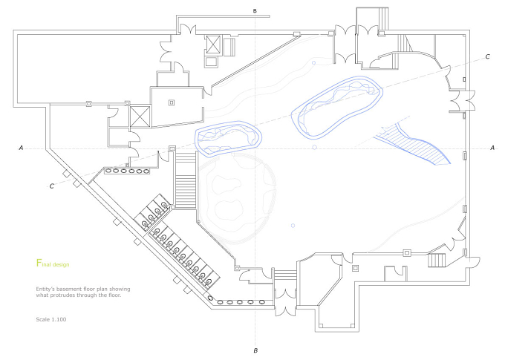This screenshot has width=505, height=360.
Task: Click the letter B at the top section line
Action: [x=255, y=11]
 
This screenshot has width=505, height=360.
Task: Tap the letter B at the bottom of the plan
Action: [x=255, y=350]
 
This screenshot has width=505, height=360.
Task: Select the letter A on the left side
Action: [x=22, y=148]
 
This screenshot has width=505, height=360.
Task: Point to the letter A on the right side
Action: [x=492, y=148]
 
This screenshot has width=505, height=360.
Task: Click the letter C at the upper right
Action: [x=488, y=56]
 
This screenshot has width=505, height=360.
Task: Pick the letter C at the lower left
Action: [x=51, y=186]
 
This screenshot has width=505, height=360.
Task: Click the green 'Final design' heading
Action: [x=53, y=264]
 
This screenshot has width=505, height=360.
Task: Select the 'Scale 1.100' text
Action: [x=51, y=319]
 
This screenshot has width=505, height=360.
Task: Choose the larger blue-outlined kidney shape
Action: [x=337, y=108]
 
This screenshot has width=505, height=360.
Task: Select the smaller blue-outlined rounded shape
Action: [x=228, y=138]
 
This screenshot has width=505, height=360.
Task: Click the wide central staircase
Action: [x=186, y=180]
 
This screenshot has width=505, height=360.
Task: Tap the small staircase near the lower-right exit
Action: [x=437, y=261]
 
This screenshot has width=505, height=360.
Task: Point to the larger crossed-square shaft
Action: [x=140, y=117]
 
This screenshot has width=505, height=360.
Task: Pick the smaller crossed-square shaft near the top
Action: [x=213, y=44]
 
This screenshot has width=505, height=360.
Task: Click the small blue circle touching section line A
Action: [x=315, y=148]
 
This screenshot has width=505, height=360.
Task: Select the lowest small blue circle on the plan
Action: [x=293, y=226]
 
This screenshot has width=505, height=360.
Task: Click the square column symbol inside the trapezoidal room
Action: [x=172, y=102]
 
